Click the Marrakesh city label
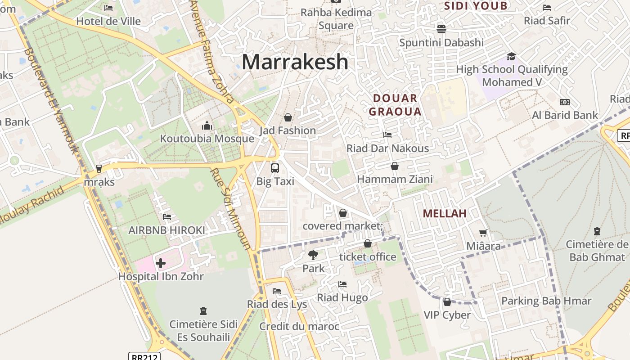click(295, 62)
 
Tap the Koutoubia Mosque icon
click(207, 125)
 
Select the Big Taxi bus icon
click(274, 168)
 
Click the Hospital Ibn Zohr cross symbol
click(161, 263)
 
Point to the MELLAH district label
click(445, 213)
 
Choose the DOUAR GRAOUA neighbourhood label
click(396, 105)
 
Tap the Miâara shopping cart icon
click(483, 233)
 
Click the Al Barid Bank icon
click(564, 102)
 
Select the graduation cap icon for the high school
click(511, 56)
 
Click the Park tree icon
click(313, 255)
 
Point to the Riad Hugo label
click(342, 297)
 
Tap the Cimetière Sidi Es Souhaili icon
click(203, 311)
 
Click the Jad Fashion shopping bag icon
click(288, 117)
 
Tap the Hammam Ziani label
click(395, 179)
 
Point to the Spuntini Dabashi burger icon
click(441, 29)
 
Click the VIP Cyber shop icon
click(447, 302)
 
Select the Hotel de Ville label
click(108, 21)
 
